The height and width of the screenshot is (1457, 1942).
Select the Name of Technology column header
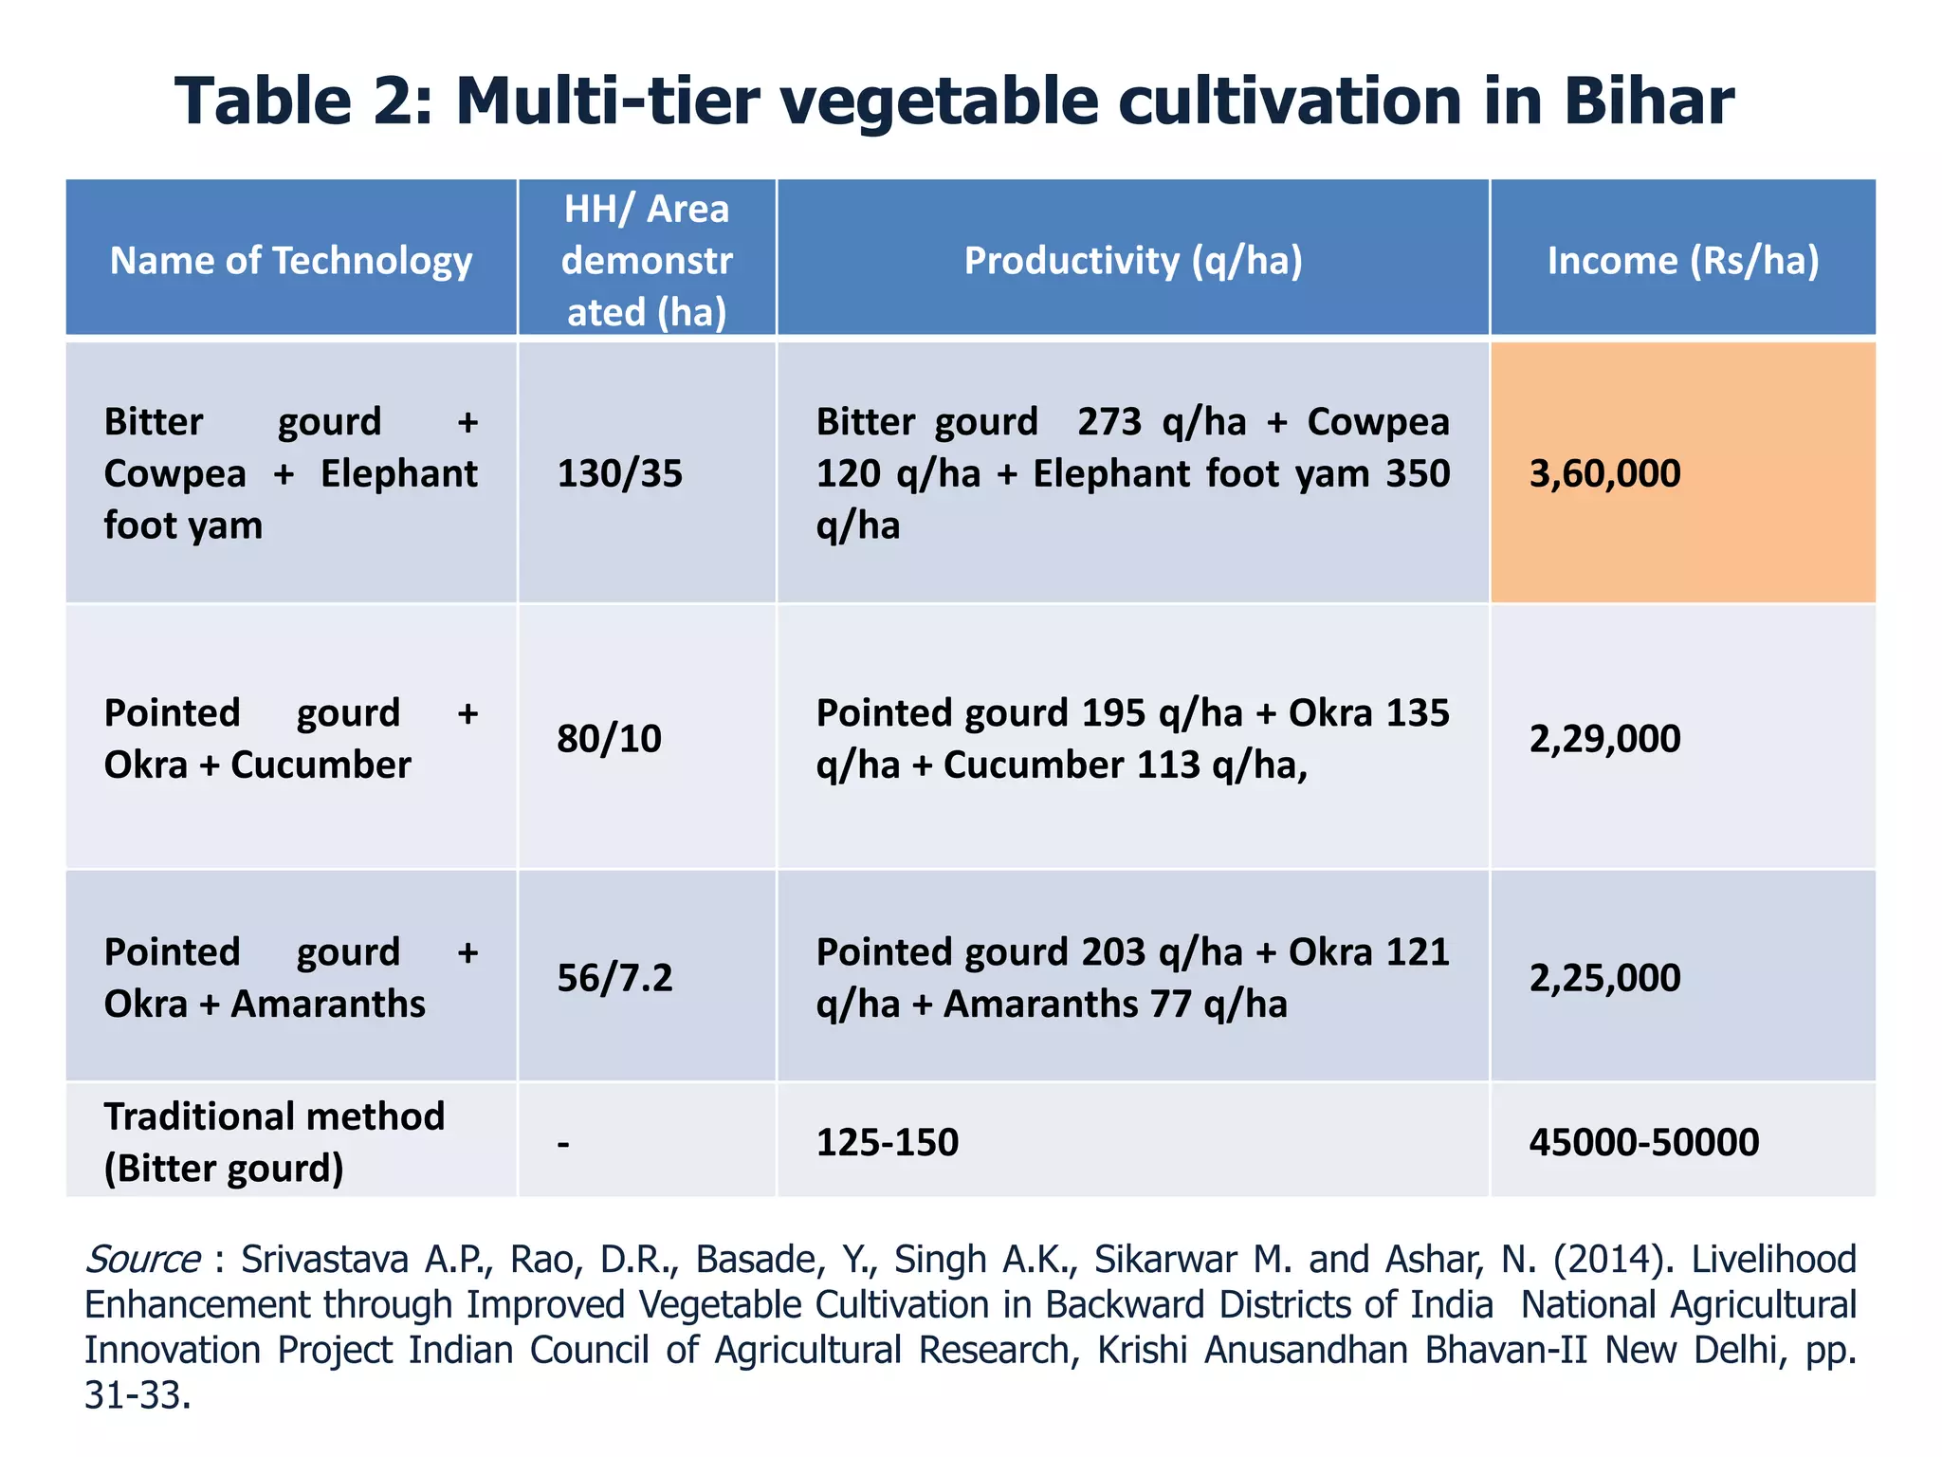click(x=290, y=261)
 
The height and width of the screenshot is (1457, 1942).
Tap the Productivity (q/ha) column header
click(x=1133, y=261)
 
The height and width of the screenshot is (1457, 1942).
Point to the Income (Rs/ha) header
click(x=1683, y=261)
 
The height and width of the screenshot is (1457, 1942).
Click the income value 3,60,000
click(x=1604, y=473)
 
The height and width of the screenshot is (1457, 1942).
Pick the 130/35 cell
click(x=619, y=473)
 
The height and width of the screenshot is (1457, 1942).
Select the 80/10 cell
click(x=609, y=738)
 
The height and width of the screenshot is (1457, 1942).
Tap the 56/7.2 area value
click(x=614, y=977)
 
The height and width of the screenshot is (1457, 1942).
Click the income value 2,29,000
click(x=1604, y=738)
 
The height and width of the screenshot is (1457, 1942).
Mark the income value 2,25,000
click(x=1604, y=977)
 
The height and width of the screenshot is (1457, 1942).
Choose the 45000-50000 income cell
click(x=1643, y=1142)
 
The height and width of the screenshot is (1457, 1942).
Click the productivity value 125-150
click(x=887, y=1142)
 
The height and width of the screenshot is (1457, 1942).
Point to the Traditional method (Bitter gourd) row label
click(x=273, y=1142)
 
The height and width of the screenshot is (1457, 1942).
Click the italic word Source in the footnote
click(x=142, y=1260)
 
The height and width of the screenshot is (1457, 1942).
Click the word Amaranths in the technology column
click(x=328, y=1004)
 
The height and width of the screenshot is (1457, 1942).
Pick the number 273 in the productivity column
click(x=1108, y=422)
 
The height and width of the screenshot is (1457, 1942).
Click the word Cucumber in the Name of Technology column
click(x=321, y=765)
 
